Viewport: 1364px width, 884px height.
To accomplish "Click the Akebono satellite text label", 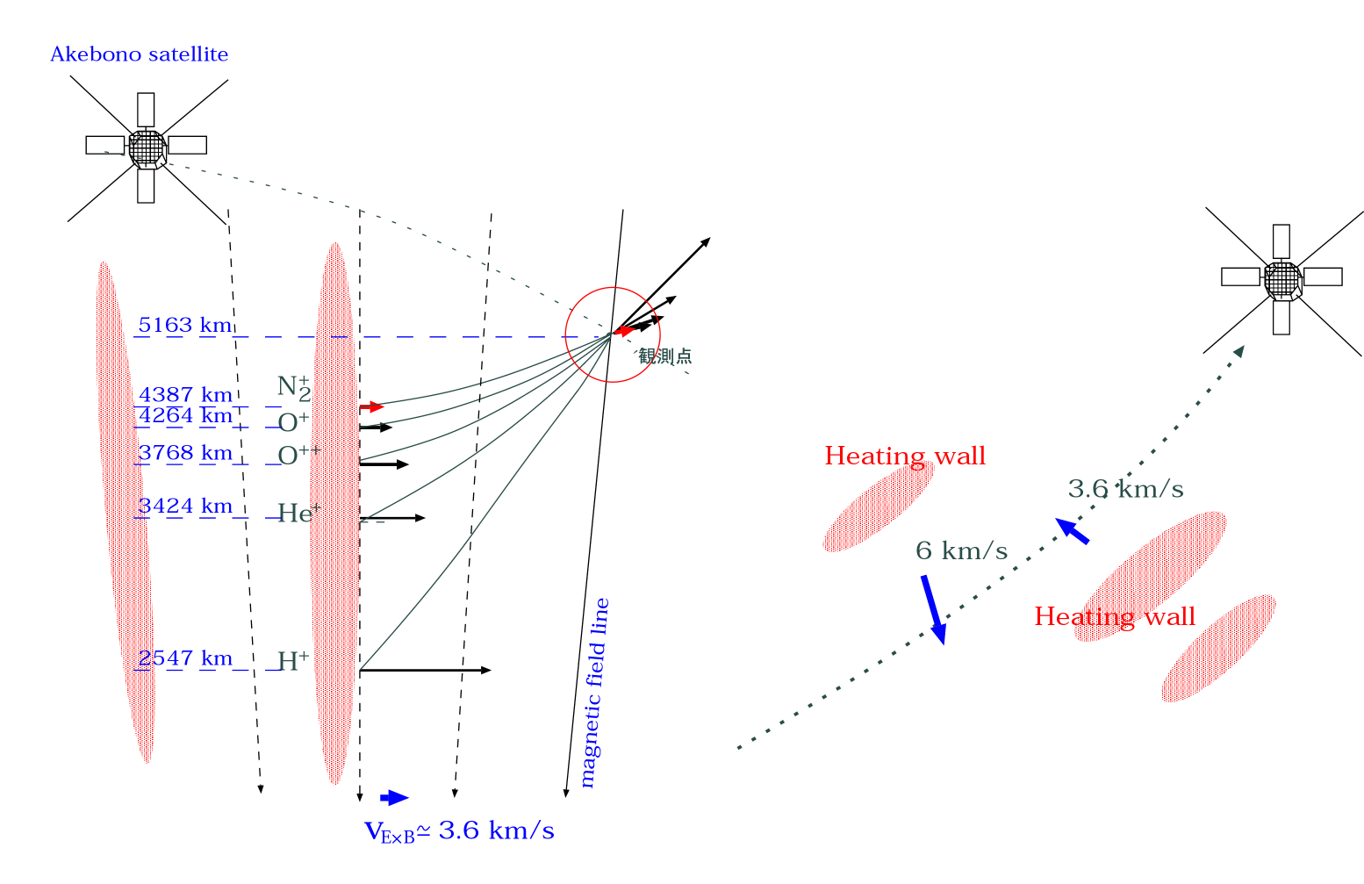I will point(139,54).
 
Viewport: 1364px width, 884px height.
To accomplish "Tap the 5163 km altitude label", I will point(185,326).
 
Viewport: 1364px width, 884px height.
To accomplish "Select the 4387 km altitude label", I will point(185,395).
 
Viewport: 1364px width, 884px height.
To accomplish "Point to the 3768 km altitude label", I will point(185,453).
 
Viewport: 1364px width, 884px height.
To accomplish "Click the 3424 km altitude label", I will point(185,507).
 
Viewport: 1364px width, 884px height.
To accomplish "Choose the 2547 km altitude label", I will point(185,658).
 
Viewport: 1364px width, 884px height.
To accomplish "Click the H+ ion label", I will point(293,661).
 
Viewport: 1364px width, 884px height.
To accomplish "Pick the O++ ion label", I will point(299,455).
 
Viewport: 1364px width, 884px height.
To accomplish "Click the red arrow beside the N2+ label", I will point(372,407).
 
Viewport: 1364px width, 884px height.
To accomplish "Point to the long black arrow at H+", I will point(425,671).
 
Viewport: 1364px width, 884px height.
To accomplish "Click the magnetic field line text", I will point(595,694).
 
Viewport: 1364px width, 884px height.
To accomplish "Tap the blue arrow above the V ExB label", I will point(394,798).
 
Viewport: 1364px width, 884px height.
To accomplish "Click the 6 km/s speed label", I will point(961,551).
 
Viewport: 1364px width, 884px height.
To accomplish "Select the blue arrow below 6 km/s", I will point(933,609).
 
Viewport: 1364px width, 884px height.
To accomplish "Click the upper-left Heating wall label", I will point(905,456).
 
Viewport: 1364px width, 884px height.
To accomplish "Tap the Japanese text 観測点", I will point(664,356).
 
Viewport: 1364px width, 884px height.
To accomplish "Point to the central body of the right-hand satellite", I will point(1282,279).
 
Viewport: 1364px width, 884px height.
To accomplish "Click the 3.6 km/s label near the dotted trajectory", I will point(1125,489).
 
